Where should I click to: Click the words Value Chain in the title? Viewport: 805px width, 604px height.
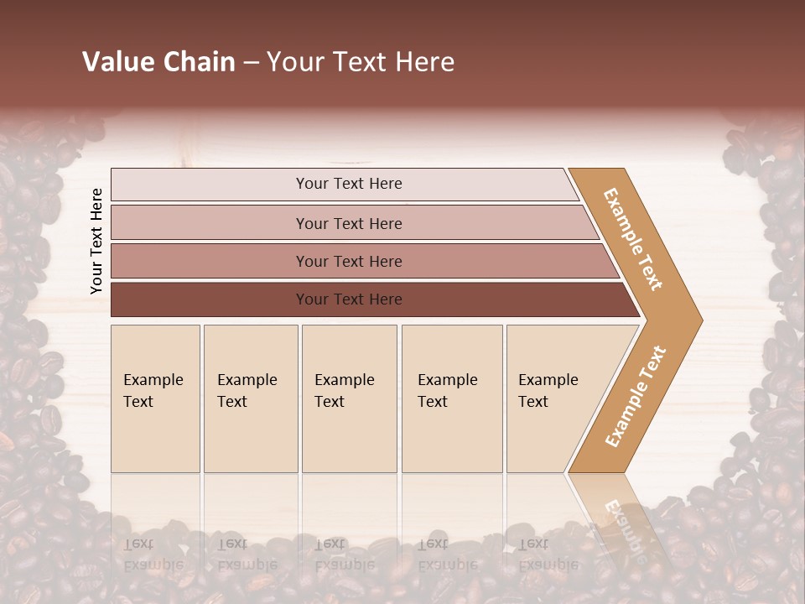point(158,62)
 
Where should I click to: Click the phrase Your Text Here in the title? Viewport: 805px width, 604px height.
point(361,62)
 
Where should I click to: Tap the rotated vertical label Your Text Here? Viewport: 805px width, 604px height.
point(96,241)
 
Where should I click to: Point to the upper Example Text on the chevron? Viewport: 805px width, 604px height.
point(633,239)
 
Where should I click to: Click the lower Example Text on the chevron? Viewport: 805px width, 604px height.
point(636,397)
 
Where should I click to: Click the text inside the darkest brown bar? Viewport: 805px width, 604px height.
point(349,299)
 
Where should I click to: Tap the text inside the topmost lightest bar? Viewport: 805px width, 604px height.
point(349,184)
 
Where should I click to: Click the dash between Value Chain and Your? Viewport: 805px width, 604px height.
point(251,63)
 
